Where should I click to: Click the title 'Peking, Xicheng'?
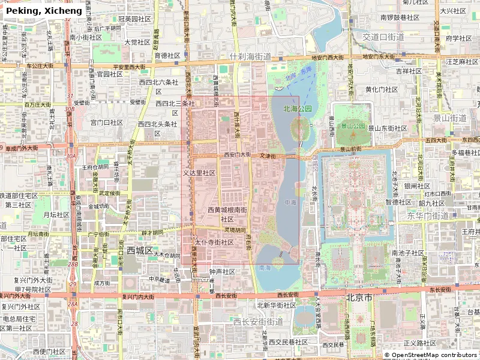tap(44, 11)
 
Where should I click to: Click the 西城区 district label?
tap(140, 250)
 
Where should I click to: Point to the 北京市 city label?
tap(359, 298)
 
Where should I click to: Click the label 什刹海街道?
tap(251, 57)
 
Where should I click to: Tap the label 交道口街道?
tap(383, 37)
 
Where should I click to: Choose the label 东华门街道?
tap(428, 215)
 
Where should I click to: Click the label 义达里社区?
tap(199, 173)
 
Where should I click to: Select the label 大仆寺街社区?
tap(214, 242)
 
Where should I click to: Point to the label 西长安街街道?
tap(258, 322)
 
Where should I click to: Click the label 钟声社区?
tap(222, 272)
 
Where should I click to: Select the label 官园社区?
tap(110, 74)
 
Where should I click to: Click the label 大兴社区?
tap(454, 10)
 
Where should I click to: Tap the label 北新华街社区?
tap(277, 305)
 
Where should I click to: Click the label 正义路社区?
tap(419, 343)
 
